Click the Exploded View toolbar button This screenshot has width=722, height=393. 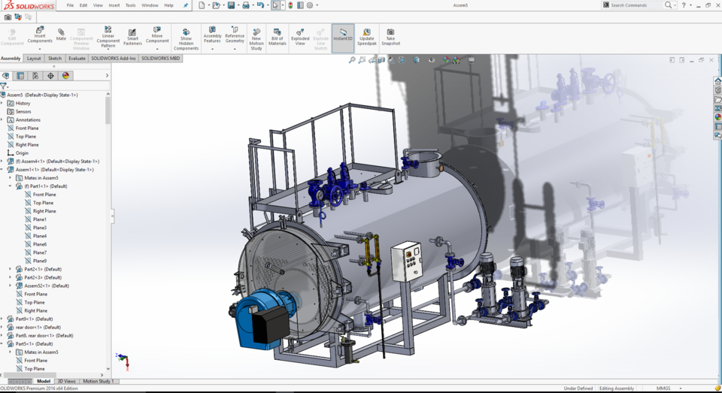click(x=299, y=37)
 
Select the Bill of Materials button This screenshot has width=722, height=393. click(x=278, y=37)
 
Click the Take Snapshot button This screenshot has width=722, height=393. click(x=390, y=37)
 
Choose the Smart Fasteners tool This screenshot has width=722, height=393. click(x=132, y=37)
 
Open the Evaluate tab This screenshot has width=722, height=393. click(x=77, y=58)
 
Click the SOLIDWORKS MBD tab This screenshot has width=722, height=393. click(x=160, y=58)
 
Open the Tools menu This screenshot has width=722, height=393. click(x=130, y=5)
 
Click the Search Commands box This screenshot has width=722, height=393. click(x=636, y=5)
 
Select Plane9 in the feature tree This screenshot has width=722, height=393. click(x=39, y=261)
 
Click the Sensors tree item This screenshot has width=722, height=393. click(x=23, y=111)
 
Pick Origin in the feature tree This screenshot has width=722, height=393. click(x=22, y=153)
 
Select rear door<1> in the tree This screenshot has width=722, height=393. click(x=38, y=327)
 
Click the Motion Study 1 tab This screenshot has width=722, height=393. click(x=99, y=381)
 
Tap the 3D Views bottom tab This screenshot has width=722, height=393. click(x=67, y=381)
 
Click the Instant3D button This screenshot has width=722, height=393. click(x=343, y=37)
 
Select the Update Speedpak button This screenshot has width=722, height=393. click(x=366, y=37)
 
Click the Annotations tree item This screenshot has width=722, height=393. click(x=28, y=119)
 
